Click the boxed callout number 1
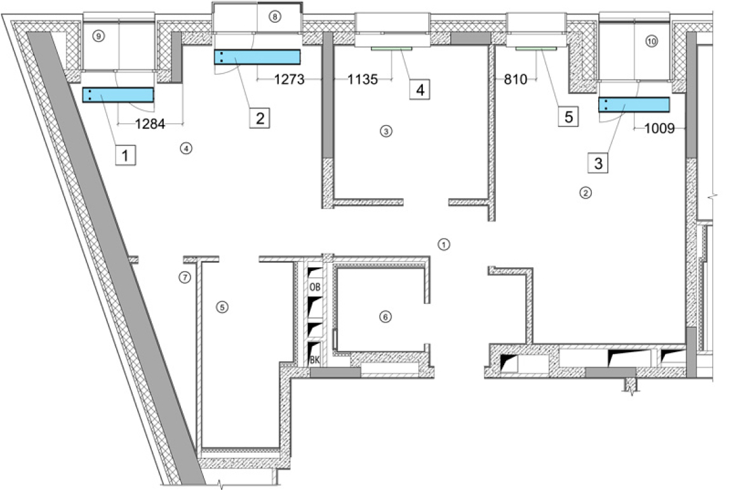pyautogui.click(x=128, y=154)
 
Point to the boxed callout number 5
pyautogui.click(x=568, y=116)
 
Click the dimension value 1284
pyautogui.click(x=150, y=125)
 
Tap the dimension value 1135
pyautogui.click(x=363, y=80)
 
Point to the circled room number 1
pyautogui.click(x=444, y=243)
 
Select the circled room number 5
pyautogui.click(x=222, y=307)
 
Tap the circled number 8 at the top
pyautogui.click(x=274, y=17)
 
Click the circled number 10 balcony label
pyautogui.click(x=652, y=41)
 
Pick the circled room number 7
pyautogui.click(x=184, y=277)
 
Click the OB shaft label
pyautogui.click(x=315, y=287)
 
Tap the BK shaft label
pyautogui.click(x=314, y=359)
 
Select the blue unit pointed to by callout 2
pyautogui.click(x=257, y=57)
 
